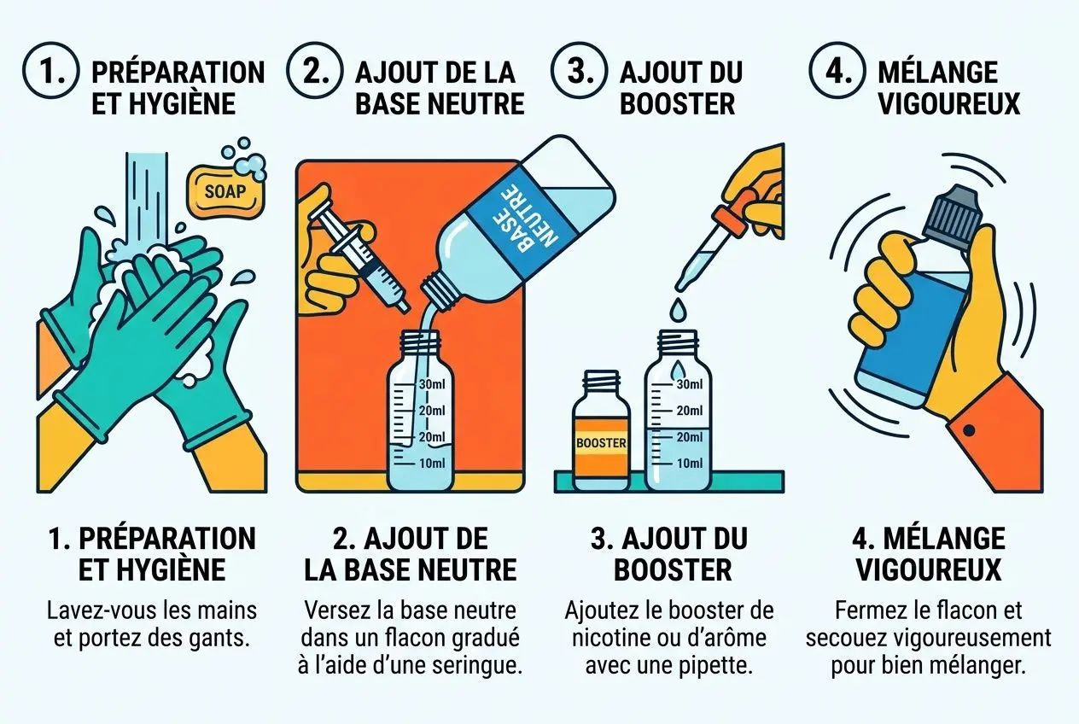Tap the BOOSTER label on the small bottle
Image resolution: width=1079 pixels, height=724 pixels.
click(x=602, y=443)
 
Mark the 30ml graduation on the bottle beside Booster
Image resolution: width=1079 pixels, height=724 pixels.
click(x=688, y=384)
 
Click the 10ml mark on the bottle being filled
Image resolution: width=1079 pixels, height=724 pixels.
click(x=432, y=463)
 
